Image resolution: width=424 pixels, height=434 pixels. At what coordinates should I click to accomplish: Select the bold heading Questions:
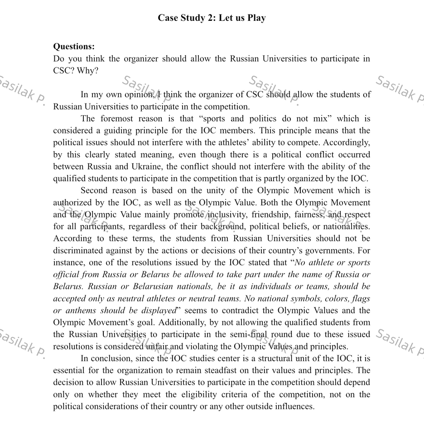74,47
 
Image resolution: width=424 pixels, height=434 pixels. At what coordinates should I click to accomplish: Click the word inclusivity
227,214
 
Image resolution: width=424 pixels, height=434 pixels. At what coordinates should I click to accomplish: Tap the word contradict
248,311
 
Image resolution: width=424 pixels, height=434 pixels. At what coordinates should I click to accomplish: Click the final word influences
294,406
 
